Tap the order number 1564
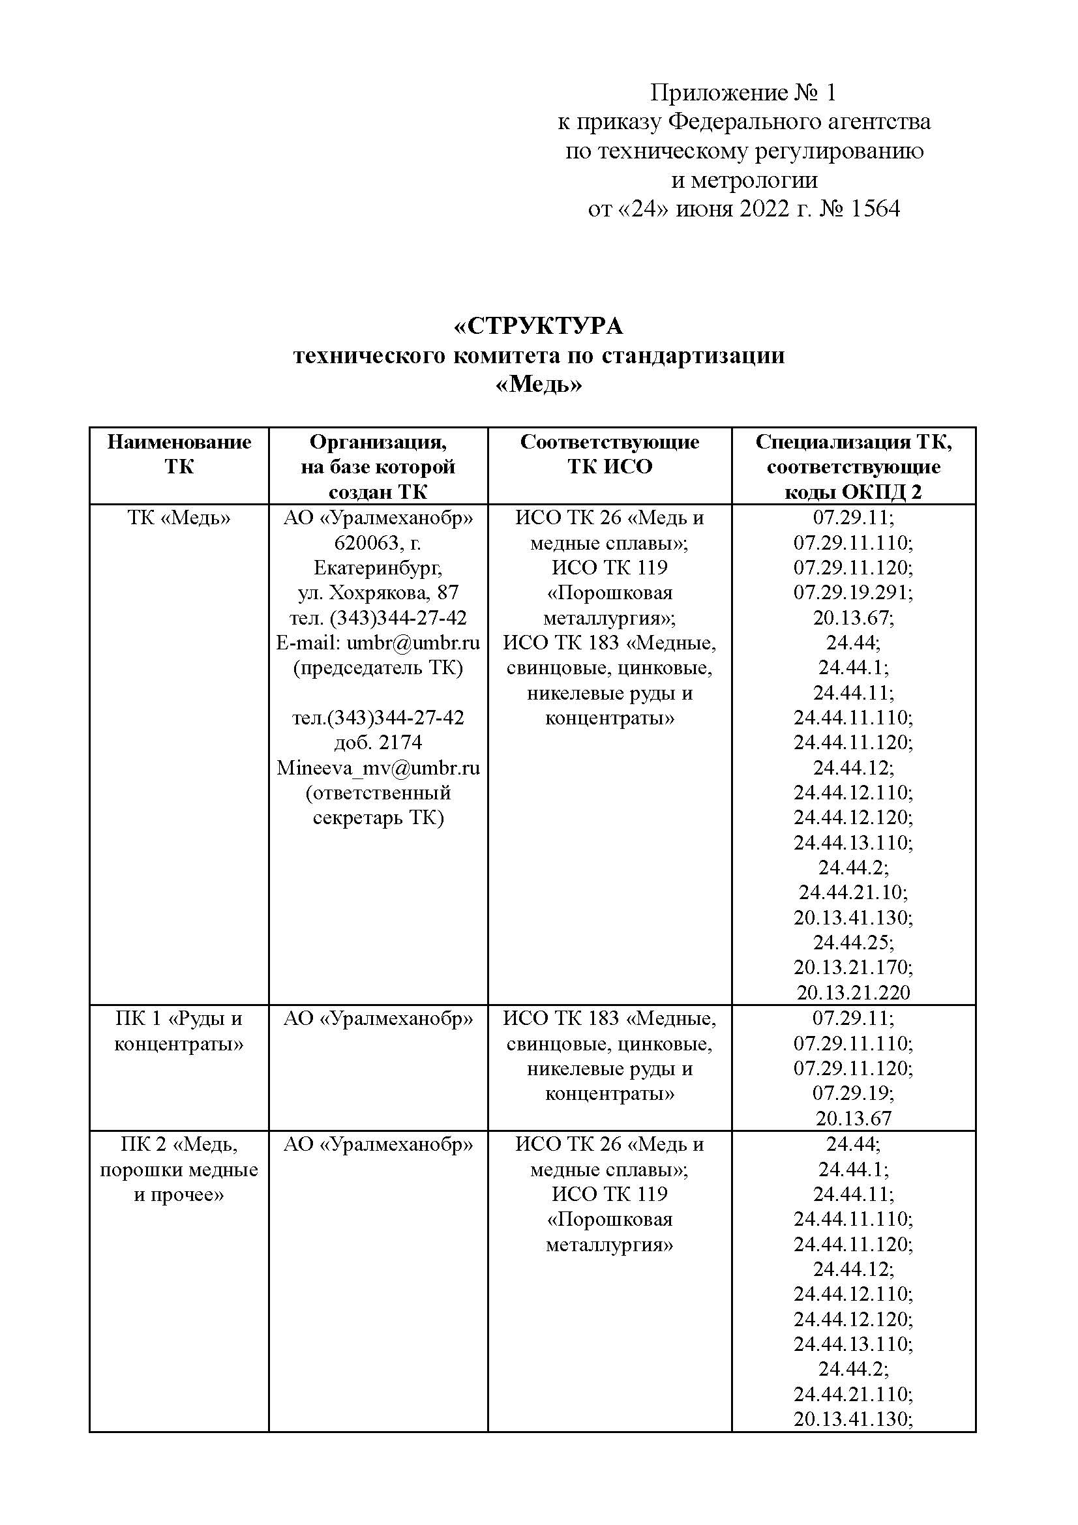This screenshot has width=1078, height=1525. pyautogui.click(x=875, y=209)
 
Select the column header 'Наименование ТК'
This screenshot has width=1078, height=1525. pyautogui.click(x=179, y=454)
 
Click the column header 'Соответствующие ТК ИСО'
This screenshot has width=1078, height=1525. pyautogui.click(x=610, y=454)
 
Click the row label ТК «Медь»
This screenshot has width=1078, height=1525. pyautogui.click(x=179, y=518)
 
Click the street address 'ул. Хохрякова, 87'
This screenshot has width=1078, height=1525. pyautogui.click(x=378, y=593)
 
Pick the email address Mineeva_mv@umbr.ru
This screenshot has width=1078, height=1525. pyautogui.click(x=378, y=768)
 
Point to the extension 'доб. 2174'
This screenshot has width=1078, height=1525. pyautogui.click(x=378, y=743)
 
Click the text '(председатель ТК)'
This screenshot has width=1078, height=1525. pyautogui.click(x=378, y=668)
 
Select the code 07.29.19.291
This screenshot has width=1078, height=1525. pyautogui.click(x=854, y=593)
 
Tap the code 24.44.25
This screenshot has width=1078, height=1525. pyautogui.click(x=854, y=943)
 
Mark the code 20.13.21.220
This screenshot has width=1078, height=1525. pyautogui.click(x=854, y=992)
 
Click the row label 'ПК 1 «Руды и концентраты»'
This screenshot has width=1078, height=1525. pyautogui.click(x=179, y=1030)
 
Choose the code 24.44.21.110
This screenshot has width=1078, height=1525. pyautogui.click(x=854, y=1394)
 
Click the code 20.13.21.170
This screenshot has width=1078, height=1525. pyautogui.click(x=854, y=968)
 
